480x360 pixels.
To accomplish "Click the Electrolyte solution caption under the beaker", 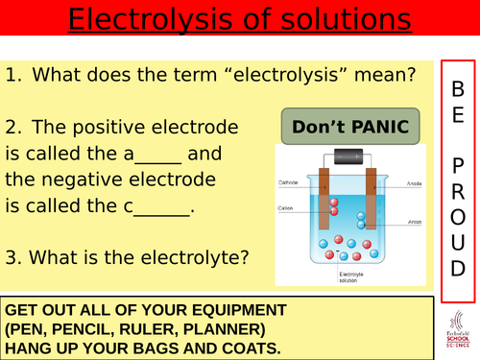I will (353, 276).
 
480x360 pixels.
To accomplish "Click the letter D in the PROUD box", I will (457, 263).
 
